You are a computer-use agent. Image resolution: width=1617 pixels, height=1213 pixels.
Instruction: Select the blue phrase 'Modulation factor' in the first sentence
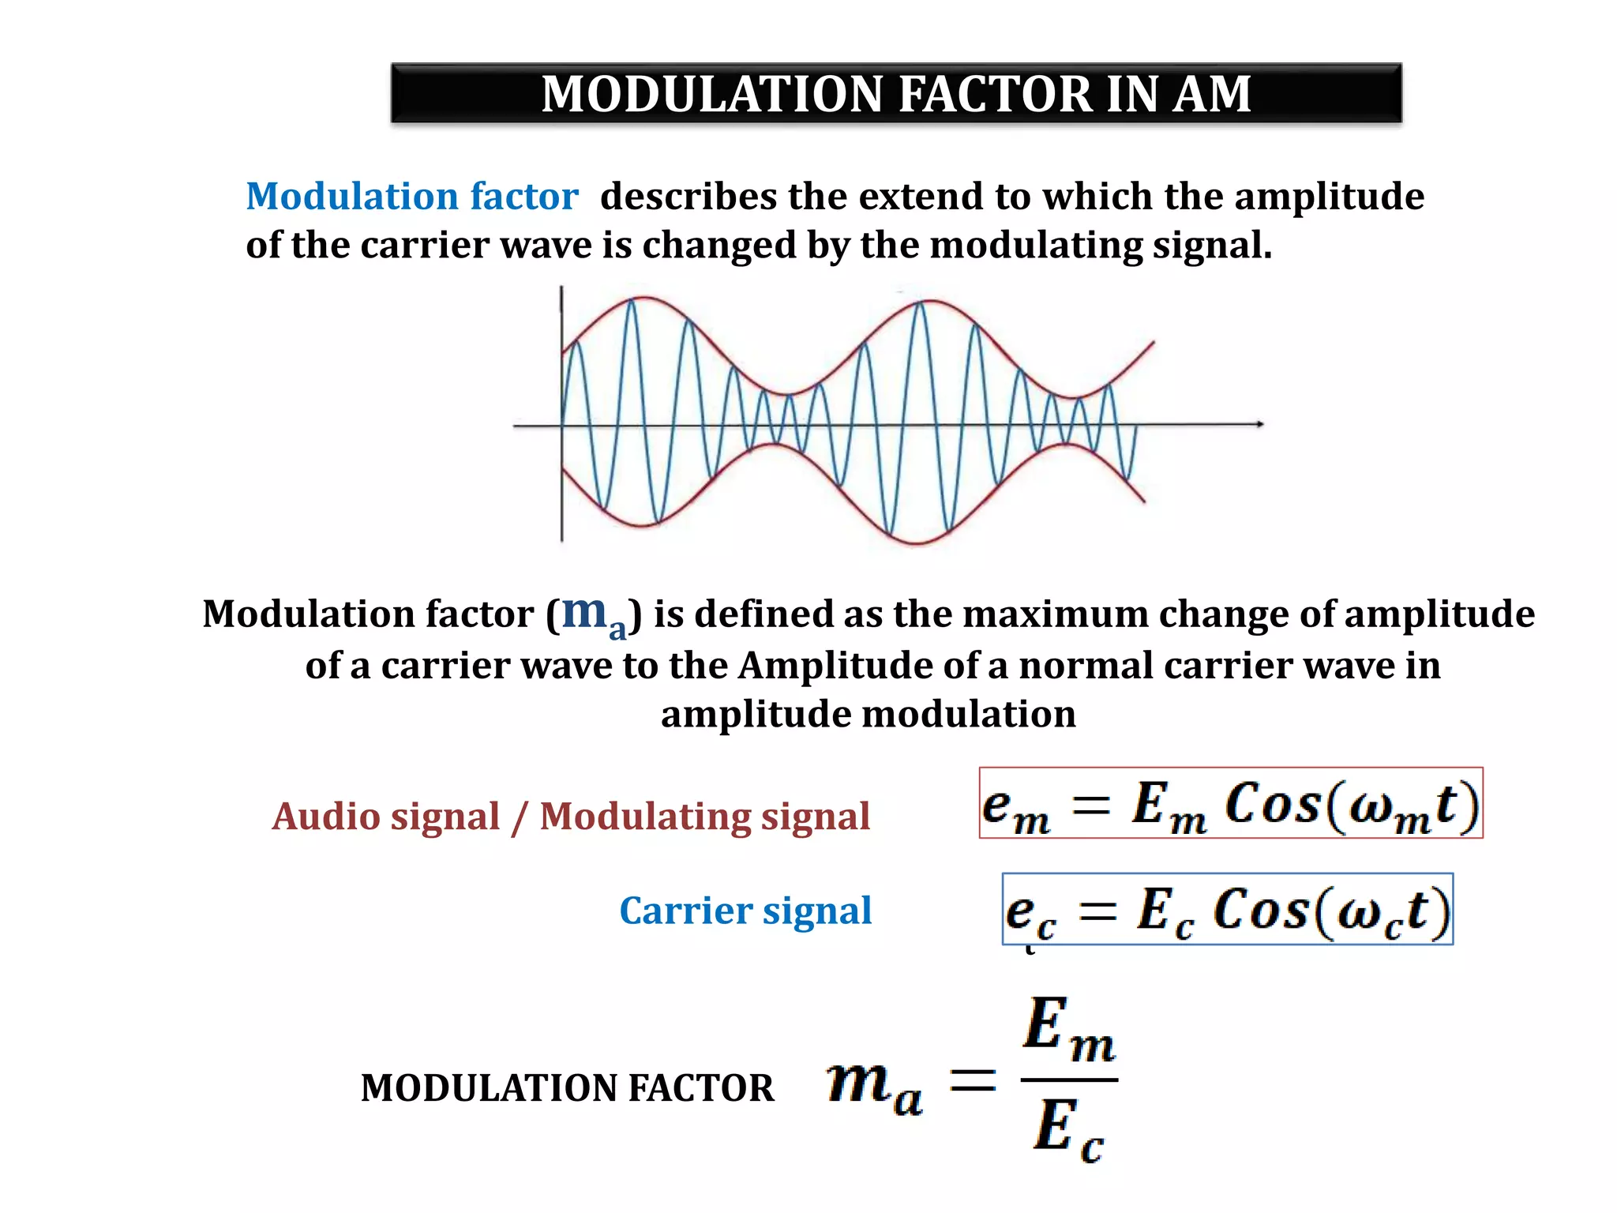[x=412, y=196]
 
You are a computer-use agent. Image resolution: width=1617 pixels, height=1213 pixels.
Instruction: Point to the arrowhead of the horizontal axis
[x=1259, y=424]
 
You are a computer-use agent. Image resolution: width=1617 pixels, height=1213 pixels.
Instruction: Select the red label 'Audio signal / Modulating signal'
[x=571, y=816]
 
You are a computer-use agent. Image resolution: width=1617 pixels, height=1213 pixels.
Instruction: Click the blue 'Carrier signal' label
[x=745, y=911]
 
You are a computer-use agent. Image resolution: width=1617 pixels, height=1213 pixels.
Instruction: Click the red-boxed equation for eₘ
[x=1230, y=803]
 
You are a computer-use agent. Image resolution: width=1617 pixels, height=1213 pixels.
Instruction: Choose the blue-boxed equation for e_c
[x=1227, y=909]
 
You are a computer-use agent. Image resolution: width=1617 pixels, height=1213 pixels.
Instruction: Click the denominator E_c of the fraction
[x=1068, y=1130]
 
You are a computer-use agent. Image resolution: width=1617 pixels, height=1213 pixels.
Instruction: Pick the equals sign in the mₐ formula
[x=972, y=1080]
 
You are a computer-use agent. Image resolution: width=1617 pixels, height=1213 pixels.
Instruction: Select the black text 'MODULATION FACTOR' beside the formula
[x=567, y=1087]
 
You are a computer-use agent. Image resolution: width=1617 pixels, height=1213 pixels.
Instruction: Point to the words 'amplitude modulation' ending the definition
[x=868, y=714]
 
